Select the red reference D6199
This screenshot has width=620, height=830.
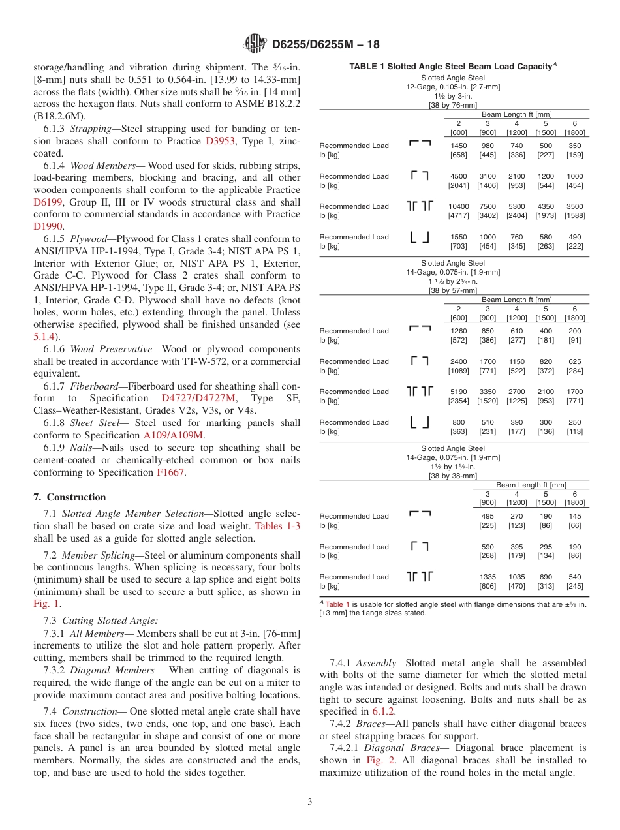(x=48, y=202)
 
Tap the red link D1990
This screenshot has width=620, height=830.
(x=48, y=226)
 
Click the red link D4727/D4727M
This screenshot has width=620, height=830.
(x=198, y=398)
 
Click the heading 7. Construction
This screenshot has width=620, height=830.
(x=70, y=497)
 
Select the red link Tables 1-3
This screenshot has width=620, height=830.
(x=277, y=526)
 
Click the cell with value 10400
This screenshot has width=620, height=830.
(x=459, y=206)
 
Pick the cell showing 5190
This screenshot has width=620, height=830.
(x=459, y=392)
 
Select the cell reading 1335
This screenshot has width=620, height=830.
(x=488, y=577)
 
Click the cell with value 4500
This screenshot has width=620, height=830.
(x=459, y=176)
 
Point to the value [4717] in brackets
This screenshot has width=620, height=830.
(x=459, y=215)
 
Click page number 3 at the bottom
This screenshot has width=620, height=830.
(x=310, y=802)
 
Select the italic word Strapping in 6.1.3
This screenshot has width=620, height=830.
(x=91, y=129)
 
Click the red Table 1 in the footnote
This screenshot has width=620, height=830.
(x=337, y=604)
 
